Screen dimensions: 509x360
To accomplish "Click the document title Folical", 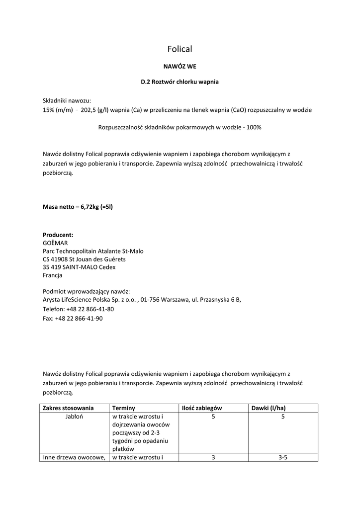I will pos(180,49).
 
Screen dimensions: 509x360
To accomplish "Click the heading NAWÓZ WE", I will pos(180,66).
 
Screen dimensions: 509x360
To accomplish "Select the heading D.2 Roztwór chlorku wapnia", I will pos(180,82).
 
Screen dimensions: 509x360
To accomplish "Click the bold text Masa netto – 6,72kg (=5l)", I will pos(78,206).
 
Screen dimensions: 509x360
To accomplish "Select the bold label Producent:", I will pos(58,235).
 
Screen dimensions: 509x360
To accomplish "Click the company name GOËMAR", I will pos(55,243).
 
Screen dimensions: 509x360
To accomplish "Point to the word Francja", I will pos(53,275).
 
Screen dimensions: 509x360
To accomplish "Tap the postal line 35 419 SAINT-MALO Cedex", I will pos(79,267).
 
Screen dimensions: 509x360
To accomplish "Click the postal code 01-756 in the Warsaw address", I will pos(150,300).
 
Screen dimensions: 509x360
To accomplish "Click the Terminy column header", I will pos(124,408).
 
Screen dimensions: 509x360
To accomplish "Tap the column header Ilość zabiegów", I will pos(202,408).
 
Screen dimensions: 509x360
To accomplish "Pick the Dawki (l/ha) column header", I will pos(269,408).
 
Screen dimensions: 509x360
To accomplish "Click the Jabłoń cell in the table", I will pos(74,417).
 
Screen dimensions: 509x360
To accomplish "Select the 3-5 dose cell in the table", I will pos(283,457).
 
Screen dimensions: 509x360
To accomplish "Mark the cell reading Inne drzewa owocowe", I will pos(74,457).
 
